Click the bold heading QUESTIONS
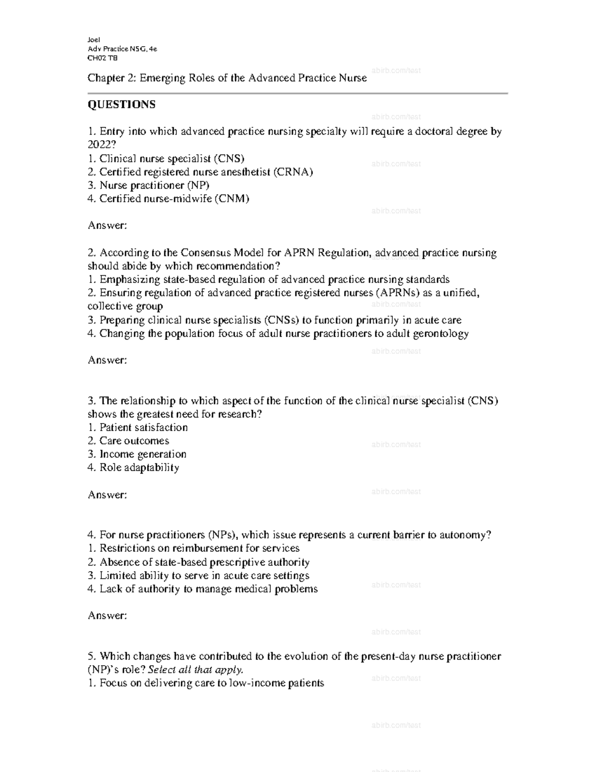121,104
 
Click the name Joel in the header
94,40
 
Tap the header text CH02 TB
102,58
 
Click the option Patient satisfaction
143,428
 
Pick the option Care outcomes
134,441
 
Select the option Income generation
143,454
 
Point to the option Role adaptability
139,468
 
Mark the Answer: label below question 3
107,495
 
